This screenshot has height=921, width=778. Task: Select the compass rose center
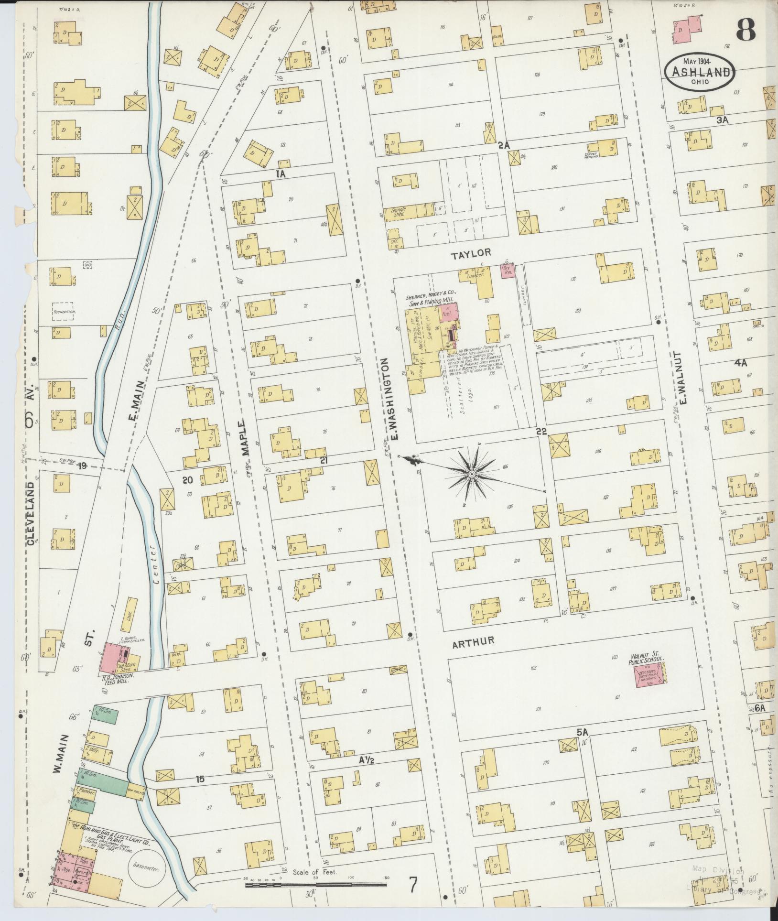coord(471,474)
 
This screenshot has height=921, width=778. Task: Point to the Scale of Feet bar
coord(315,885)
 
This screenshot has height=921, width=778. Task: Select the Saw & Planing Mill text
coord(432,303)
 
